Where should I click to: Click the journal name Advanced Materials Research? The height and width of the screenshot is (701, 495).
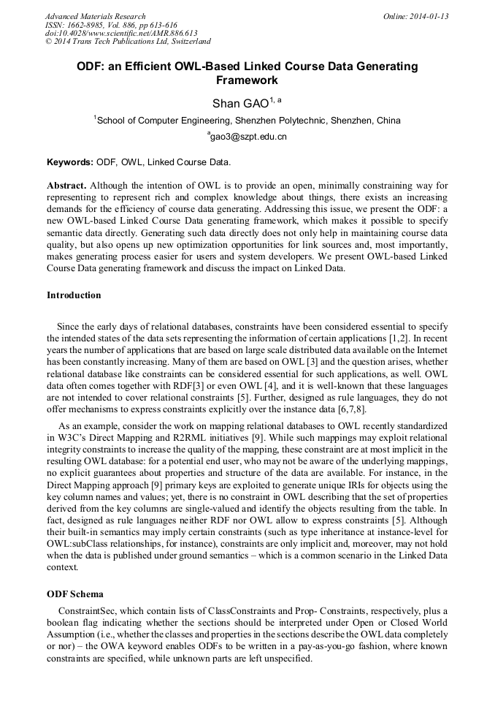(96, 16)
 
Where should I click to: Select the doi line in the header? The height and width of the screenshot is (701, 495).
(121, 34)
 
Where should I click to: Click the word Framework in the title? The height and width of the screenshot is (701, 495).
(247, 80)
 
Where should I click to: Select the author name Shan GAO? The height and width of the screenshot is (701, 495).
(240, 103)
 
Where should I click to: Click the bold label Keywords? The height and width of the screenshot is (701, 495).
(70, 162)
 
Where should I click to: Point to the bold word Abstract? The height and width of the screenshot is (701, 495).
(66, 186)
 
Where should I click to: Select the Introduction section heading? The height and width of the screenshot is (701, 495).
(74, 295)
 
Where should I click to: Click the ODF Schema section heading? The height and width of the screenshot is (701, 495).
(75, 594)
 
